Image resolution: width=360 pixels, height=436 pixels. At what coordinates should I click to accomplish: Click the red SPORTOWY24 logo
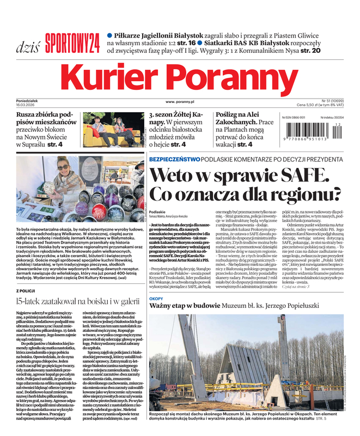pyautogui.click(x=72, y=41)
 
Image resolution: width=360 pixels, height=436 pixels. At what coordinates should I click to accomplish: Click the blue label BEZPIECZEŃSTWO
pyautogui.click(x=174, y=159)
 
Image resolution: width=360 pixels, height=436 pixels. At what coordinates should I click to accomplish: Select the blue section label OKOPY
pyautogui.click(x=156, y=298)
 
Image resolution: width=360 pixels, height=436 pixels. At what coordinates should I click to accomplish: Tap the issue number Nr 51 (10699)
pyautogui.click(x=332, y=101)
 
